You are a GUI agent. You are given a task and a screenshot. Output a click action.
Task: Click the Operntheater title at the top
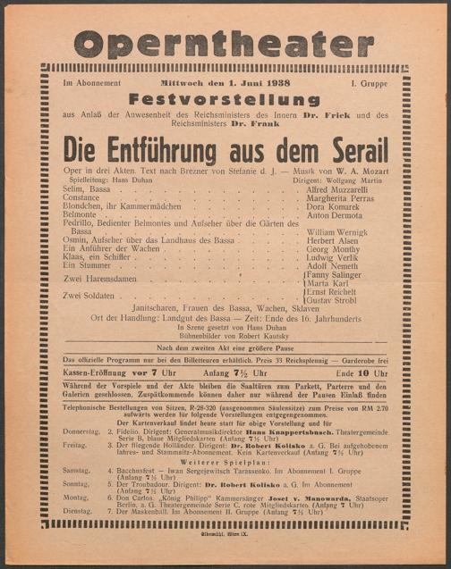point(225,41)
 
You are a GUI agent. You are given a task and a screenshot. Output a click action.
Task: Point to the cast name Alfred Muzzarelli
point(343,189)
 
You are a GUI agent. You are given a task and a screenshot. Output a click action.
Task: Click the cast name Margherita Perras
point(345,198)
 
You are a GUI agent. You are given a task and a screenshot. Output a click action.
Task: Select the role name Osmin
point(77,240)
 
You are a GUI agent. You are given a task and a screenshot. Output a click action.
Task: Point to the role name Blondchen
point(83,206)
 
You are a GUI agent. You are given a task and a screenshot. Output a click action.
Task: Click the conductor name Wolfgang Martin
point(353,180)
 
